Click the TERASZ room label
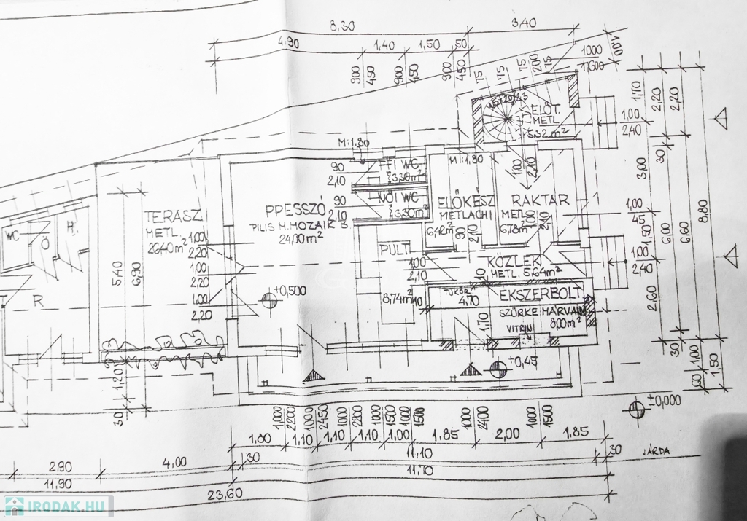(x=172, y=216)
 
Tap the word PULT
(x=395, y=251)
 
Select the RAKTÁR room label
(x=539, y=200)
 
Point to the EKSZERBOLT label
(x=541, y=294)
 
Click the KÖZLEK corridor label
(x=514, y=260)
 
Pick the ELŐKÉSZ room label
(x=467, y=202)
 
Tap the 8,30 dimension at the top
(x=343, y=27)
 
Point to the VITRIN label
(x=521, y=329)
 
